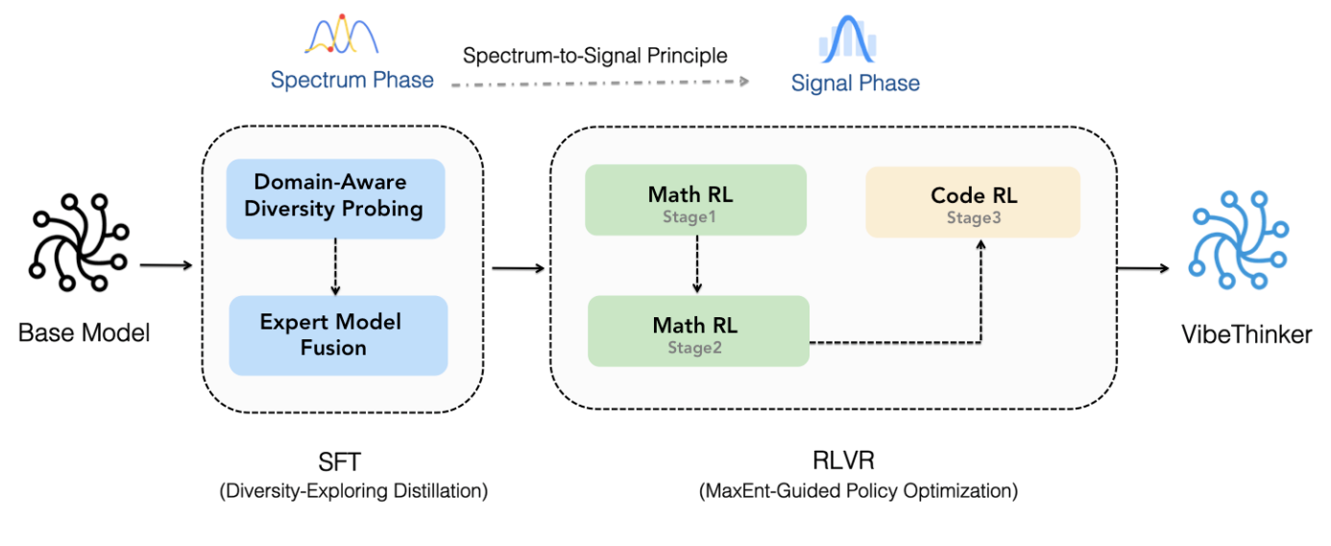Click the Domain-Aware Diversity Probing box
pos(334,198)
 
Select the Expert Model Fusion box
pos(337,335)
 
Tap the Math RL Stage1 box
pos(695,200)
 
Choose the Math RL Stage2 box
pos(697,331)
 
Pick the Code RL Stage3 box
pos(973,202)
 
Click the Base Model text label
pos(85,334)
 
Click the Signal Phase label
pos(855,83)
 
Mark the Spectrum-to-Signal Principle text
pos(595,56)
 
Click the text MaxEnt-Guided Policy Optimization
pos(859,491)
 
